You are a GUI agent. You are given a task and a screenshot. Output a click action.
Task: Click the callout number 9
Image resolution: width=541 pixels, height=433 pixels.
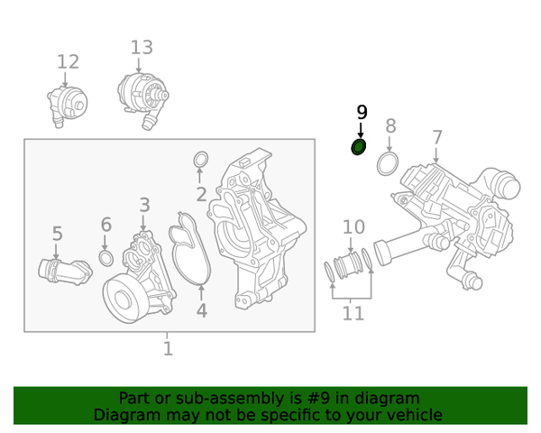[x=362, y=113]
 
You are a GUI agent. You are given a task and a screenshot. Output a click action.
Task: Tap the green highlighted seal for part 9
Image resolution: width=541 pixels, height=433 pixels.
[x=359, y=146]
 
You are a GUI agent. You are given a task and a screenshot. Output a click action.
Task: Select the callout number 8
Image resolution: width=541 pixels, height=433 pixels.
[x=390, y=125]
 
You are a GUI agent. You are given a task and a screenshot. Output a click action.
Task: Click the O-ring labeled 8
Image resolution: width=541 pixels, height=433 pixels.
[x=388, y=164]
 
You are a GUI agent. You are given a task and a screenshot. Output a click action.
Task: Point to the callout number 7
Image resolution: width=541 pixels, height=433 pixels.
[x=437, y=138]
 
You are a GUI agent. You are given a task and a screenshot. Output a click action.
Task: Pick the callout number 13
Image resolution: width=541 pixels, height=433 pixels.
[x=142, y=47]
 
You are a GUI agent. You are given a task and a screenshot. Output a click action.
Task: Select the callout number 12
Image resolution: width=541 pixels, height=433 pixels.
[x=69, y=61]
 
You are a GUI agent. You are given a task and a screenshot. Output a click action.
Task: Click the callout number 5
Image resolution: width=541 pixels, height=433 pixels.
[x=57, y=234]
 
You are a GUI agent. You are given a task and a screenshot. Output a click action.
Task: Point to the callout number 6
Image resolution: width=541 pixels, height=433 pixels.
[x=105, y=225]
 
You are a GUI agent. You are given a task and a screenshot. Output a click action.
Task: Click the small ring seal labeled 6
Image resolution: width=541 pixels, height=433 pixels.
[x=105, y=259]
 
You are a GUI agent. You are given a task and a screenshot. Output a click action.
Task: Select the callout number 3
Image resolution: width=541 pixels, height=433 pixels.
[x=144, y=207]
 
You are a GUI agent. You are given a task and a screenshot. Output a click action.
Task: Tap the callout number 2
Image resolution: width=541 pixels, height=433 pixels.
[x=201, y=193]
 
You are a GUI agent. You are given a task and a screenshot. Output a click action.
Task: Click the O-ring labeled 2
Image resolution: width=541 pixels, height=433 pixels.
[x=202, y=161]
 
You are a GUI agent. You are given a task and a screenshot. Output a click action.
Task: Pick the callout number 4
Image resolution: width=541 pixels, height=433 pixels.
[x=201, y=310]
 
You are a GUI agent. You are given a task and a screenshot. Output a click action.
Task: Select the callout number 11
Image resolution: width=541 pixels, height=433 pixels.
[x=353, y=313]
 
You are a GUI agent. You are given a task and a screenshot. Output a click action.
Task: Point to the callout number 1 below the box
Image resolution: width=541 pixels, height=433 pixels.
[x=168, y=348]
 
